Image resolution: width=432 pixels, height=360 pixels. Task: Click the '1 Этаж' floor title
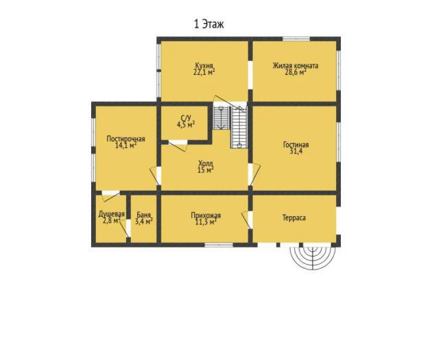(x=209, y=24)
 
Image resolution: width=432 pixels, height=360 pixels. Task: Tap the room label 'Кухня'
(x=204, y=66)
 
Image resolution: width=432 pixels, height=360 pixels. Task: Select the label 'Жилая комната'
(x=296, y=66)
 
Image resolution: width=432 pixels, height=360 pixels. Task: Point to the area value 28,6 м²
(x=296, y=73)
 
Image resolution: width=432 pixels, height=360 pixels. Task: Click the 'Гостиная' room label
(x=296, y=145)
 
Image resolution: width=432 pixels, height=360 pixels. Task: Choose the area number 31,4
(x=296, y=151)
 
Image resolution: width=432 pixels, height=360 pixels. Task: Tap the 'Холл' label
(x=205, y=163)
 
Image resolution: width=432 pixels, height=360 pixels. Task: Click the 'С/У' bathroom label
(x=186, y=118)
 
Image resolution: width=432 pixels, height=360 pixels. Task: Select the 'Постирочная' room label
(x=125, y=139)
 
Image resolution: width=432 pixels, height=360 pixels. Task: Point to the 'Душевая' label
(x=112, y=214)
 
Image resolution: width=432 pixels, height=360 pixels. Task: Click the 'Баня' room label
(x=144, y=215)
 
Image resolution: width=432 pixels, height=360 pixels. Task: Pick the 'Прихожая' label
(x=206, y=215)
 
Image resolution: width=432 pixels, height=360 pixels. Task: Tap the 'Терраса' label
(x=294, y=217)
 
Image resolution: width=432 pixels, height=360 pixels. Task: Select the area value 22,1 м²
(x=204, y=72)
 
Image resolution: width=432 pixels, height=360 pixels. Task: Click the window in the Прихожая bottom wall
(x=219, y=245)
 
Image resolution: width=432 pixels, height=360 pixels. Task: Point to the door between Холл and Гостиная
(x=254, y=174)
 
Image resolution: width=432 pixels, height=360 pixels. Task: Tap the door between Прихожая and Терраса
(x=247, y=219)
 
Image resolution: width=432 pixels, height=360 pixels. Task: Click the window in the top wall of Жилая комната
(x=296, y=39)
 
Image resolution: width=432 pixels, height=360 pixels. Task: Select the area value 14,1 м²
(x=126, y=145)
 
